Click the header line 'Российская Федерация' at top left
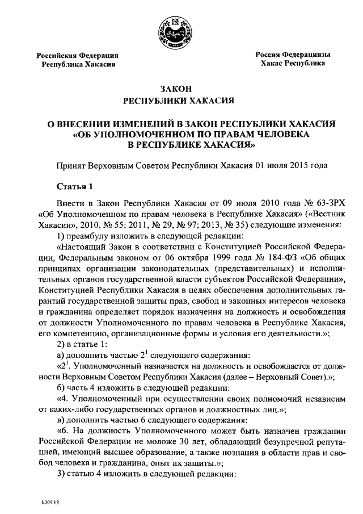tap(78, 56)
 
